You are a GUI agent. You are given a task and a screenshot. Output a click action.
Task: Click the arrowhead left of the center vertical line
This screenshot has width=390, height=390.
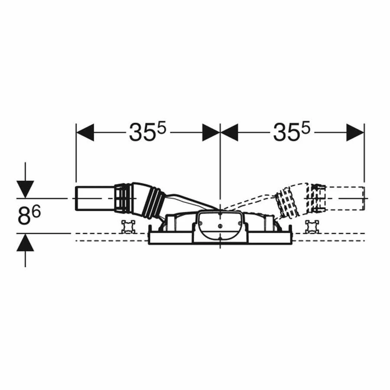(211, 132)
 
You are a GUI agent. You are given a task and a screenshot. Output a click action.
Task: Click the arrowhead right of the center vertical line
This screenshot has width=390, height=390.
(230, 132)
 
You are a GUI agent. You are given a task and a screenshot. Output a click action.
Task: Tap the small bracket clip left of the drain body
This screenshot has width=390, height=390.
(128, 226)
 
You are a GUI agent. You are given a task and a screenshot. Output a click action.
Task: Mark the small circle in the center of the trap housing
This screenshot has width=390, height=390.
(220, 226)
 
